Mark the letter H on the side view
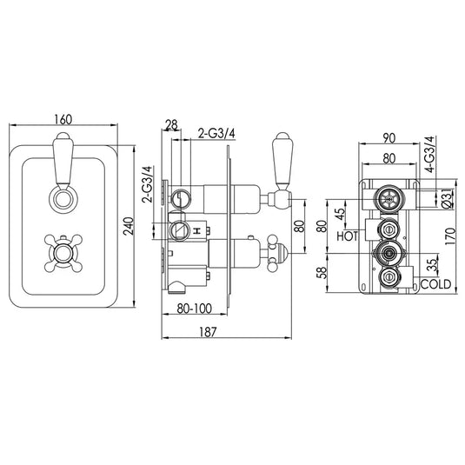tap(196, 229)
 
